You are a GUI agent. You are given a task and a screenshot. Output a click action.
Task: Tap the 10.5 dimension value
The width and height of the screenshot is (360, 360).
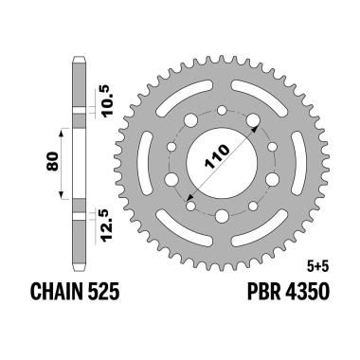[x=105, y=91]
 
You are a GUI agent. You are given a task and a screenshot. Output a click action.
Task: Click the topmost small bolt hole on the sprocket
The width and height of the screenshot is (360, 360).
[x=222, y=111]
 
